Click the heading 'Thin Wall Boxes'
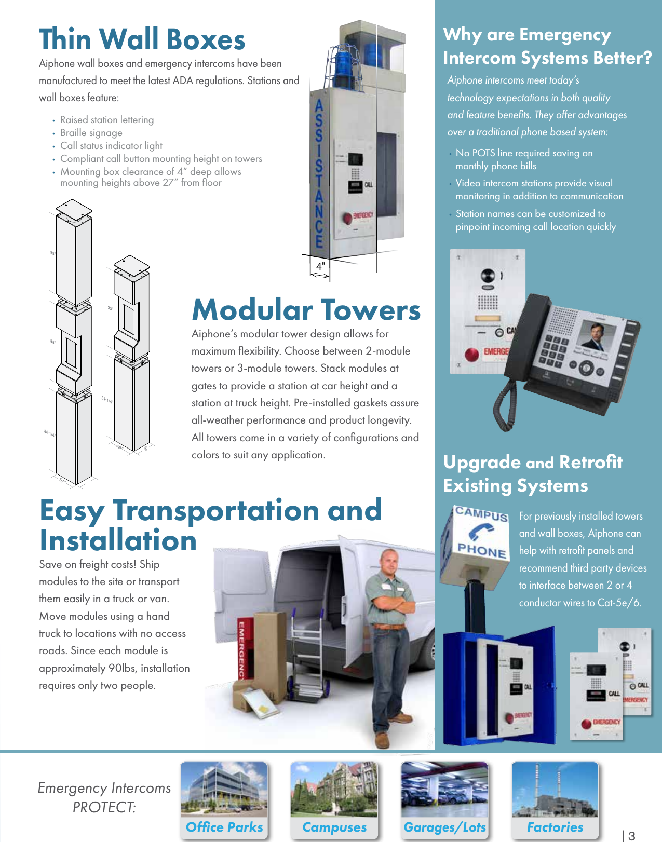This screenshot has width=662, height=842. [142, 40]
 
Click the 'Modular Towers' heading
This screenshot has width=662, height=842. [306, 310]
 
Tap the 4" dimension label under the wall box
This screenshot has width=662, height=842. [321, 266]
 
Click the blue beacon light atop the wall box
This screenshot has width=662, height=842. [344, 58]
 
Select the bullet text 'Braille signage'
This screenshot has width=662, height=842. [91, 133]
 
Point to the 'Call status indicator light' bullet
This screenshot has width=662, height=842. [111, 146]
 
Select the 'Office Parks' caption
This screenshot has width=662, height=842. [224, 827]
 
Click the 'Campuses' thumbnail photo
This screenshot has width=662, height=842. [334, 790]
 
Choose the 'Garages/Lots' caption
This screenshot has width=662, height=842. [445, 827]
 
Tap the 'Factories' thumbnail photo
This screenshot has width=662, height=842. [555, 790]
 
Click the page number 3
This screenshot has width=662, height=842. [631, 836]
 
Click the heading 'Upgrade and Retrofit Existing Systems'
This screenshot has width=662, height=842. [533, 473]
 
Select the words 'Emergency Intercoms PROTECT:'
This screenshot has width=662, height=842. [104, 797]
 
